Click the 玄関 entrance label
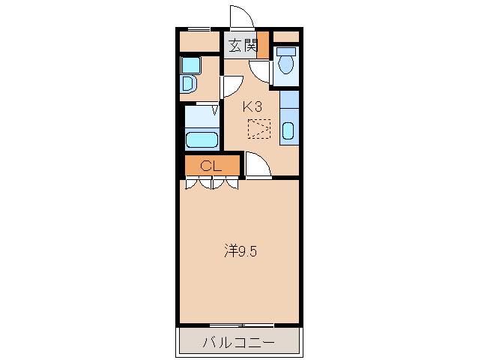[243, 45]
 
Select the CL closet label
[211, 166]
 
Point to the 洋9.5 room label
[240, 251]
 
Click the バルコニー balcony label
[238, 343]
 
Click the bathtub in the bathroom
[201, 140]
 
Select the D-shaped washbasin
[187, 82]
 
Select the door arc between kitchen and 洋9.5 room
[256, 166]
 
